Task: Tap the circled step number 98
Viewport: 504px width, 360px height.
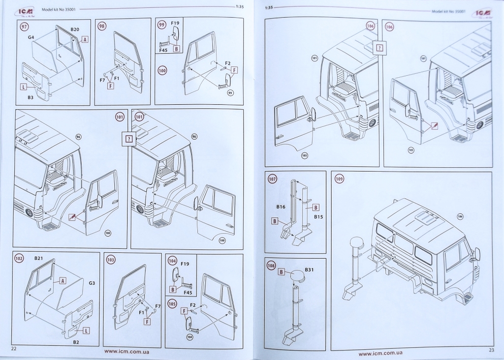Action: (102, 26)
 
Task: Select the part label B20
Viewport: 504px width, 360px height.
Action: (75, 30)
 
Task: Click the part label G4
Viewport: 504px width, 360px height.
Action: (31, 37)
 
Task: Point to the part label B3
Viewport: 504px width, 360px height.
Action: (31, 98)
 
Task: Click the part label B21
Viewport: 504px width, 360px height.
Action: (39, 258)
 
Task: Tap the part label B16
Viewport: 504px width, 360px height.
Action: (281, 207)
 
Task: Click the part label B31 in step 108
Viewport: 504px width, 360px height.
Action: (309, 270)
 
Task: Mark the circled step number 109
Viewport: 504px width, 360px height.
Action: (340, 179)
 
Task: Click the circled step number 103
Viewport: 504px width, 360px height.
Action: (111, 259)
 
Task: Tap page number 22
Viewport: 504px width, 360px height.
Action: (14, 349)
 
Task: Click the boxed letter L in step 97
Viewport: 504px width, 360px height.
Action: (23, 87)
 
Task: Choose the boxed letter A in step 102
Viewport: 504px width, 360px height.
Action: (63, 280)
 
